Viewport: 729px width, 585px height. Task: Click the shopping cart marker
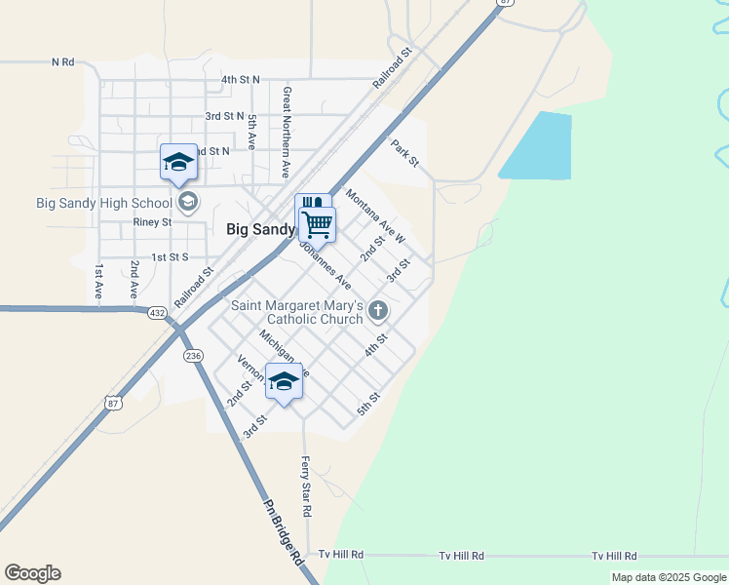318,224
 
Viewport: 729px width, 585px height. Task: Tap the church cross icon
378,311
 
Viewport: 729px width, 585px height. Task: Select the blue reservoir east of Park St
537,146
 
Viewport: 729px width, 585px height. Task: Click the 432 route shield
157,312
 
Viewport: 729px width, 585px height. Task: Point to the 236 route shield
193,356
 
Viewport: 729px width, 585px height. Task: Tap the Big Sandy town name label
260,230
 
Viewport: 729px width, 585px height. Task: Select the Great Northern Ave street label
287,132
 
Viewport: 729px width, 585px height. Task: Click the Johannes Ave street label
324,265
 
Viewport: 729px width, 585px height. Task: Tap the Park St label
404,153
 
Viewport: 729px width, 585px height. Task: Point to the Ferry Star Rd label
306,486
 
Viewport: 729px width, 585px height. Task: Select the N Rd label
62,61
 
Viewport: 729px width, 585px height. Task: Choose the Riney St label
152,222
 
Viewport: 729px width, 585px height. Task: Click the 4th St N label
241,79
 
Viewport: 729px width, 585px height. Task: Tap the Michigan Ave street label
283,353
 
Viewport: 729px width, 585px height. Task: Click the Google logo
32,573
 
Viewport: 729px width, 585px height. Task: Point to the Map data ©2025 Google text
668,577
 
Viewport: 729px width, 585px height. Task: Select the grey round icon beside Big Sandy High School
187,203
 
